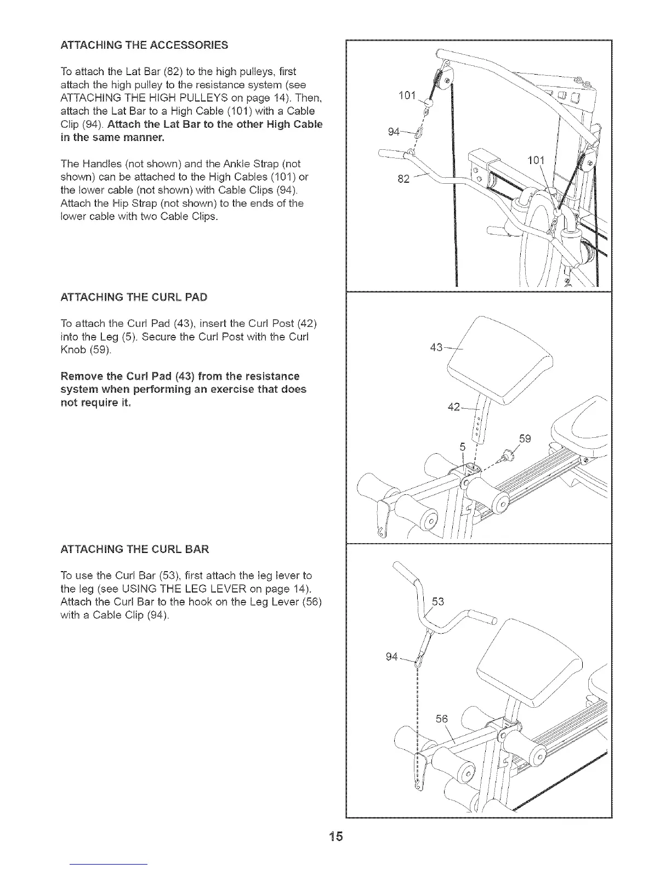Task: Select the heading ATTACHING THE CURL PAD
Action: (x=134, y=297)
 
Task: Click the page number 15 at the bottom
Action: (x=336, y=837)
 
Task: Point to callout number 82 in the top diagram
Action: (x=403, y=179)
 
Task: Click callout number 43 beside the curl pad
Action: (x=437, y=348)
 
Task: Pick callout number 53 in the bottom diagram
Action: (x=438, y=602)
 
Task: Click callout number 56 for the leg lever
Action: (x=441, y=719)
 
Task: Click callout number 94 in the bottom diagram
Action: (x=391, y=657)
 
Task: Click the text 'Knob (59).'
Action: (x=86, y=349)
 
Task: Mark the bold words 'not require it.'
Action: (x=96, y=402)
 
